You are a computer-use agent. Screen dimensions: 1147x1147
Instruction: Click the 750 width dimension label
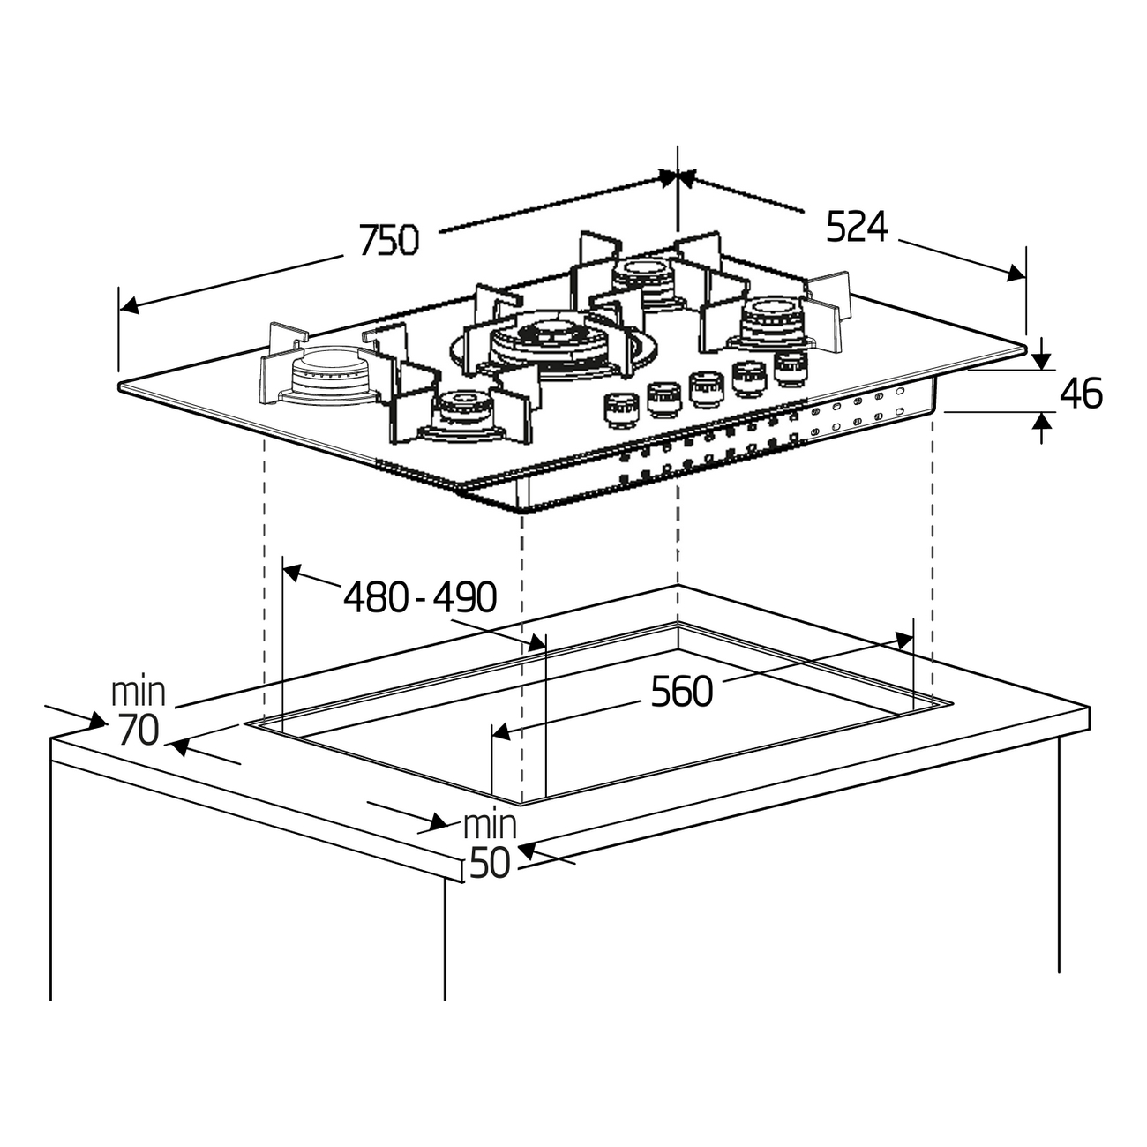point(388,240)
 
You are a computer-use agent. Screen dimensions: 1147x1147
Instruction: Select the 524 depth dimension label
point(856,228)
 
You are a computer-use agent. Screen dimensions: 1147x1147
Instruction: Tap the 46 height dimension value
point(1080,394)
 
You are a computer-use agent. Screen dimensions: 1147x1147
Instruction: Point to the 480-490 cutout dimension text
point(420,598)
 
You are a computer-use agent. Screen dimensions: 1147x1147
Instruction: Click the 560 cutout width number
point(681,692)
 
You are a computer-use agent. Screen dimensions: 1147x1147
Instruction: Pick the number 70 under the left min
point(138,731)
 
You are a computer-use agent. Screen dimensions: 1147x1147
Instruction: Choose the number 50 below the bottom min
point(490,863)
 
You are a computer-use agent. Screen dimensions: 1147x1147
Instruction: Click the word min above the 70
point(139,692)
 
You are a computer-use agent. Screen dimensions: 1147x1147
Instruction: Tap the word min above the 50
point(490,826)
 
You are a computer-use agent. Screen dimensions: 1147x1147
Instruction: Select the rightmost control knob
point(791,366)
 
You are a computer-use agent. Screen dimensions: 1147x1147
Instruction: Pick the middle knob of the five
point(706,388)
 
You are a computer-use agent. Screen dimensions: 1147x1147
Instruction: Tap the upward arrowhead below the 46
point(1042,423)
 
